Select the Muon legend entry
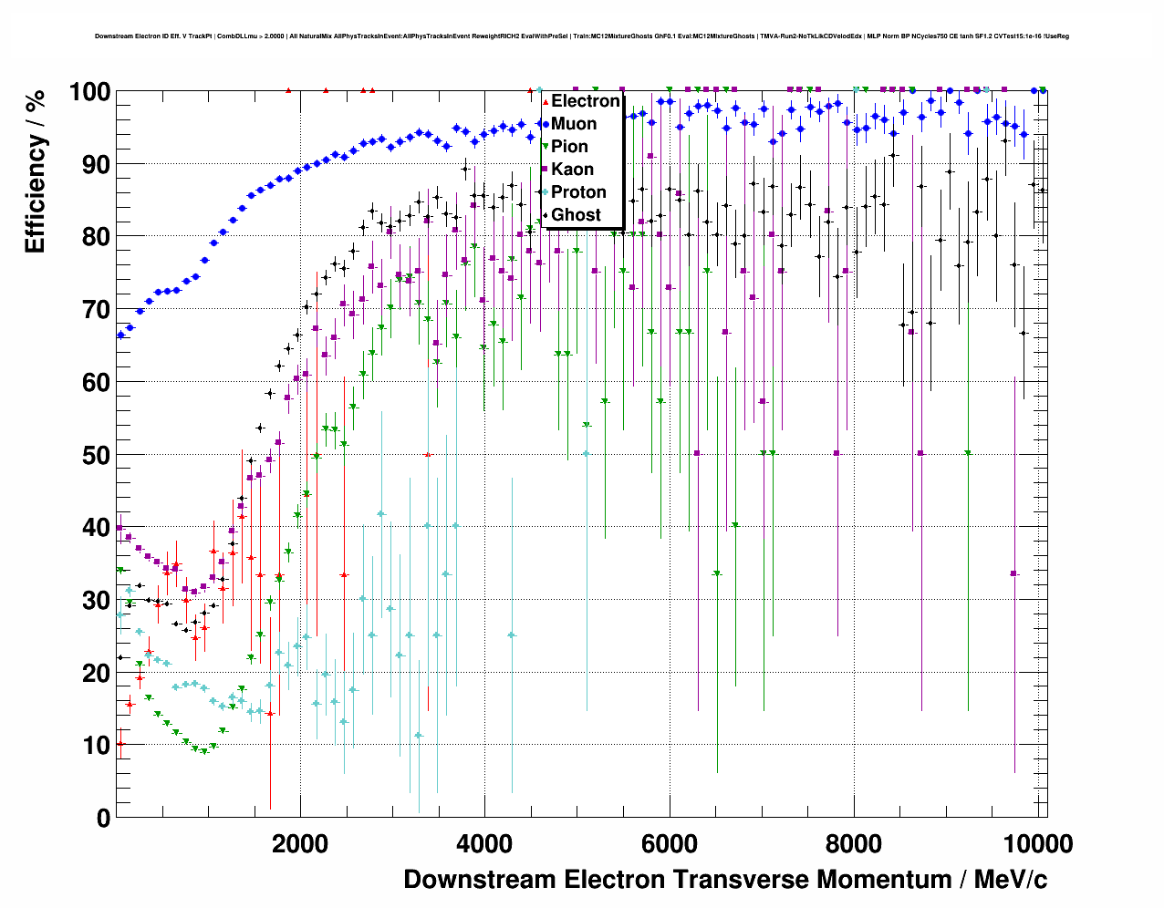pos(573,124)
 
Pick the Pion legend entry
pos(569,147)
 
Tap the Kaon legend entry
pos(572,170)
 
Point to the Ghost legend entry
pos(576,215)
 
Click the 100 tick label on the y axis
pos(90,92)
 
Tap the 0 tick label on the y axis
pos(103,819)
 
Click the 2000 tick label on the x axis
pos(300,844)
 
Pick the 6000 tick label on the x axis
pos(669,844)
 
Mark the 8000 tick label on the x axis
pos(854,844)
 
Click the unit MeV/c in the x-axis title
pos(1010,880)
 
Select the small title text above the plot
pos(581,36)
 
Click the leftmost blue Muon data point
pos(120,335)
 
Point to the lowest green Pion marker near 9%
pos(204,751)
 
